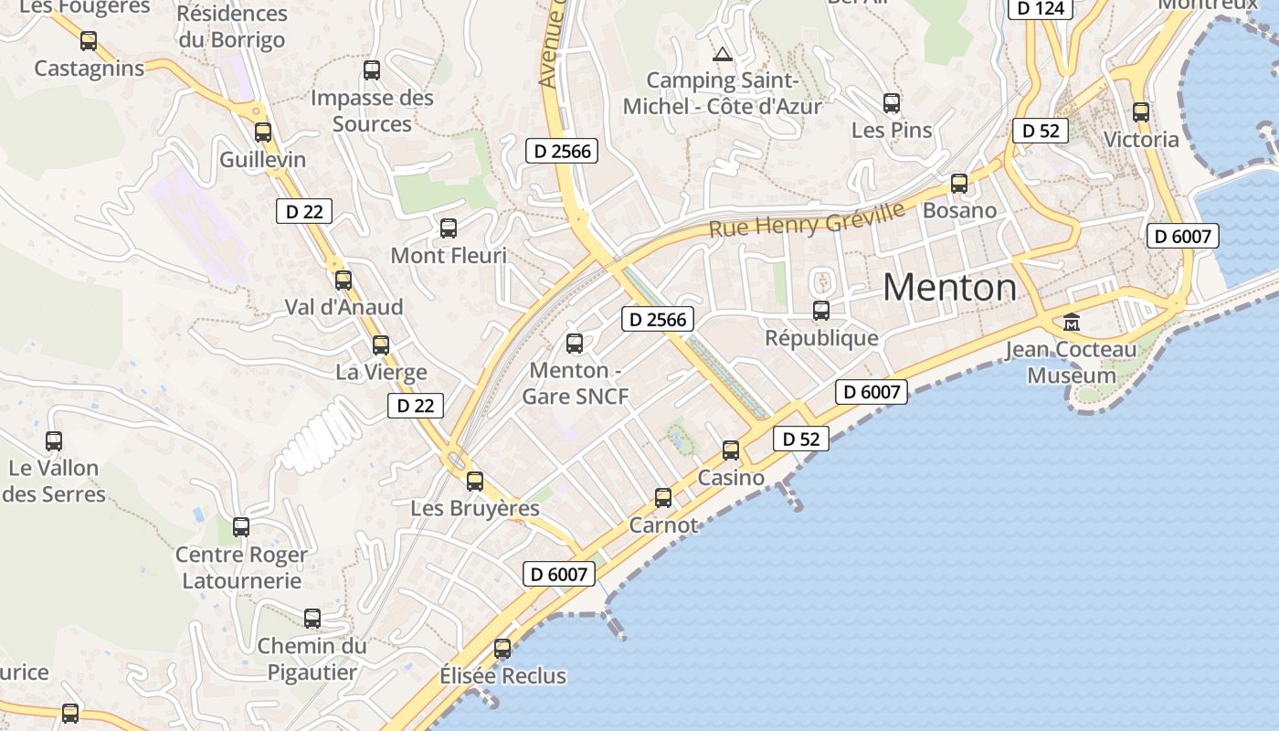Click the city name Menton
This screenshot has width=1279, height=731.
point(949,288)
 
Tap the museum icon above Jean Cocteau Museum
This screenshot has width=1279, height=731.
point(1071,323)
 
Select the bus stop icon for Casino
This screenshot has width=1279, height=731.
point(731,450)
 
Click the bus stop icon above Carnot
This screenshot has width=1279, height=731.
point(663,498)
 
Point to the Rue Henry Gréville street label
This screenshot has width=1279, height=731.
point(807,219)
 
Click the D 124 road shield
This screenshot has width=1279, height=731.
point(1040,8)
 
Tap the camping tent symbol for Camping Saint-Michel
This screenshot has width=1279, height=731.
point(723,54)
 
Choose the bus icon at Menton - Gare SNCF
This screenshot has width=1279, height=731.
point(575,344)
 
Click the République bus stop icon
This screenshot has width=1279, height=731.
point(821,311)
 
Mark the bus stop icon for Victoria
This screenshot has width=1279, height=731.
point(1141,112)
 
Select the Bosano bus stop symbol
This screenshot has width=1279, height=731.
point(959,184)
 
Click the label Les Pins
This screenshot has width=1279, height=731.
point(892,131)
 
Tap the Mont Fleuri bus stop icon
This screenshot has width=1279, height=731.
point(449,228)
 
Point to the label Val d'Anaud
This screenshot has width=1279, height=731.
point(344,307)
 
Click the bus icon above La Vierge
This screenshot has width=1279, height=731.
point(381,345)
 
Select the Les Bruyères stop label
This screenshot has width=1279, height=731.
point(475,508)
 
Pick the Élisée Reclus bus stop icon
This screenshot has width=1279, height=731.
point(502,649)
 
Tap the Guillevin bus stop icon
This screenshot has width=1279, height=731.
point(263,132)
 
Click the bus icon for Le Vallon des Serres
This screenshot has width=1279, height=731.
point(54,441)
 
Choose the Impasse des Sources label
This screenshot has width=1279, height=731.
point(372,111)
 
